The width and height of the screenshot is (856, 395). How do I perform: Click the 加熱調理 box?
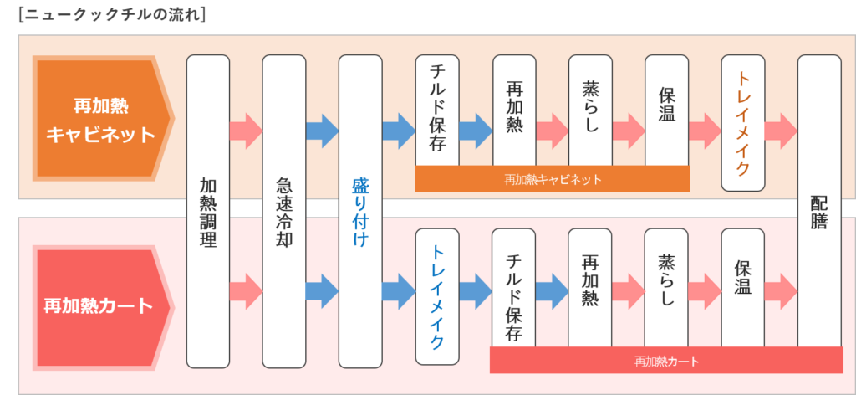[208, 211]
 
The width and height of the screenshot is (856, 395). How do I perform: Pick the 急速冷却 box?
[284, 211]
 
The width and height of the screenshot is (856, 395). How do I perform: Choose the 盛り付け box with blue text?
[360, 211]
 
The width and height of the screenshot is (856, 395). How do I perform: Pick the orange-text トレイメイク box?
[742, 122]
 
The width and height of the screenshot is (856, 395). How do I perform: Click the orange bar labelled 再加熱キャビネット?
[553, 179]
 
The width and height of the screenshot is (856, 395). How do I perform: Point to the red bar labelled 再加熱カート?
[666, 361]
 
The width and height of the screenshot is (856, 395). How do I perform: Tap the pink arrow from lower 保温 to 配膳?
[781, 289]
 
